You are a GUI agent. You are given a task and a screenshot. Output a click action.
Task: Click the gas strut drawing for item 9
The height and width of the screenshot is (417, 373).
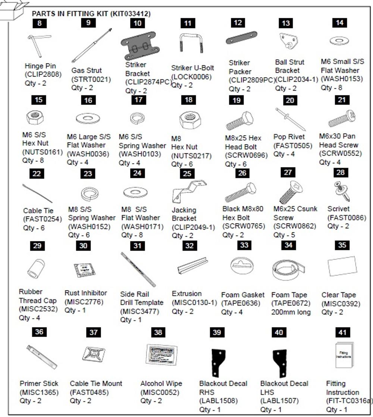(91, 45)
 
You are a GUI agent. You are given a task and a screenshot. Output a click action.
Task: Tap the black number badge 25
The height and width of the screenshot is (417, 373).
(187, 174)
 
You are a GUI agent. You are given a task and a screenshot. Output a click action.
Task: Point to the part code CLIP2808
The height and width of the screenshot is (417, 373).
(43, 75)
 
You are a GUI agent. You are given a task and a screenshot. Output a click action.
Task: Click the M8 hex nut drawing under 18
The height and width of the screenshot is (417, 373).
(190, 120)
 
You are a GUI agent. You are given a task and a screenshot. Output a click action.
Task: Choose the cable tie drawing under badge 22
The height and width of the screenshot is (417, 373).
(37, 193)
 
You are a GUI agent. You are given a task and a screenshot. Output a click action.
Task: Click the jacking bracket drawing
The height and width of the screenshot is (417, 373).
(189, 191)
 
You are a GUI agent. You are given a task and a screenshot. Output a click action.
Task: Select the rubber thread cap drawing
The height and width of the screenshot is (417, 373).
(37, 269)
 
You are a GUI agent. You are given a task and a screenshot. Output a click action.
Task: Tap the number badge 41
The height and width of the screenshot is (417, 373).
(341, 332)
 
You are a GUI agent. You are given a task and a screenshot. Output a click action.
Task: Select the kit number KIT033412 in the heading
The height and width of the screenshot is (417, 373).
(129, 14)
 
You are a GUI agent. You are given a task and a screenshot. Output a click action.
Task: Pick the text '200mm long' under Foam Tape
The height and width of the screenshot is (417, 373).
(291, 312)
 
